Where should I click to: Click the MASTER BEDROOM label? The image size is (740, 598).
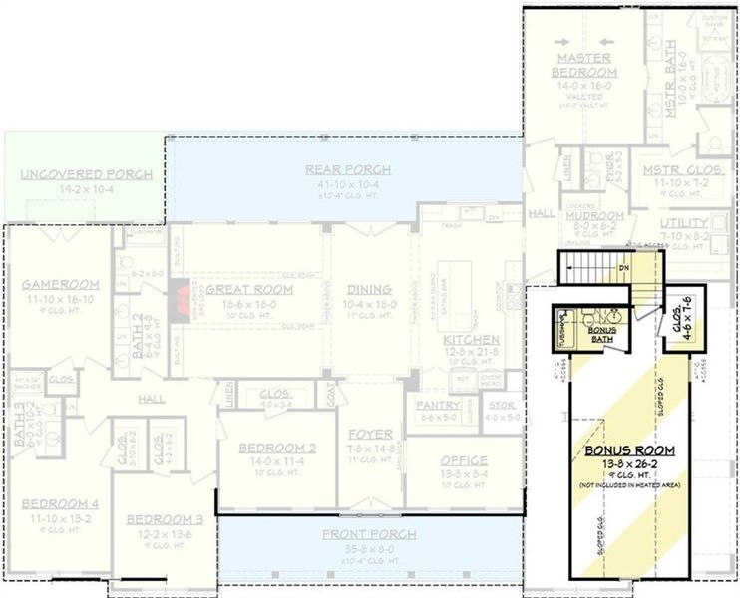584,65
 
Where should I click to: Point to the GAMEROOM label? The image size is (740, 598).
61,285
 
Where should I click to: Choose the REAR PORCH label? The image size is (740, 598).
348,169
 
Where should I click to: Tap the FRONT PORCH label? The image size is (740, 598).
369,534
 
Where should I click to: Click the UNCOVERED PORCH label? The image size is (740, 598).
87,174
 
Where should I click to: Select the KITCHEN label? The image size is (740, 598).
471,340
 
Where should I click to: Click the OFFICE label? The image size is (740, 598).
464,460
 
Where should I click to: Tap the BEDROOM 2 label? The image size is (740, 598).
277,448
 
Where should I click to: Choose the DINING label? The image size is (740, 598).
370,290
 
